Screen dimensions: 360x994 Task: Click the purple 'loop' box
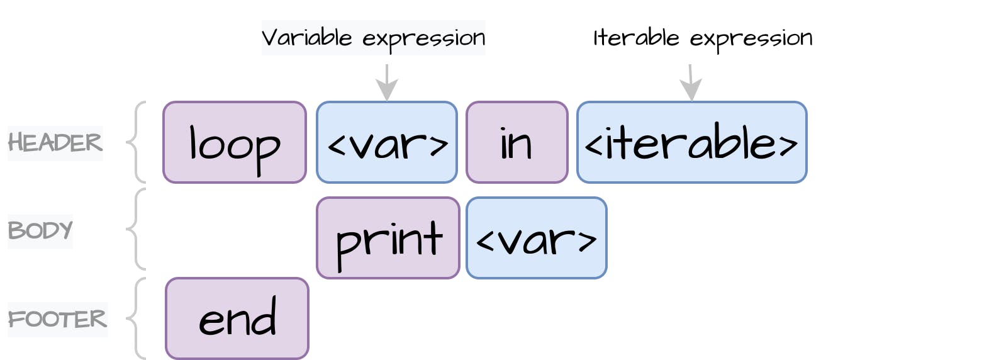point(235,143)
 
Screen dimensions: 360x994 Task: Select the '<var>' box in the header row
point(387,143)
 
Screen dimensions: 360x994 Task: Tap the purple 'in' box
point(517,143)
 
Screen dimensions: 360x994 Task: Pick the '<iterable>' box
point(691,143)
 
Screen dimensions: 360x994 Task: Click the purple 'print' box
point(388,238)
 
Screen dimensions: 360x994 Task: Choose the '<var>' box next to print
point(537,238)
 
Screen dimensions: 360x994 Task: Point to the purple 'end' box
point(237,318)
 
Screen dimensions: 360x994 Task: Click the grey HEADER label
point(55,143)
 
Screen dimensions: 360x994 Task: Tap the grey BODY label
point(40,231)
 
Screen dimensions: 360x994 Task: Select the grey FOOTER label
point(57,319)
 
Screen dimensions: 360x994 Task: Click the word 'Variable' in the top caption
point(306,38)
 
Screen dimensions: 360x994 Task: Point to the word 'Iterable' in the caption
point(636,38)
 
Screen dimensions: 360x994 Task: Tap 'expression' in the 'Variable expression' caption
point(423,39)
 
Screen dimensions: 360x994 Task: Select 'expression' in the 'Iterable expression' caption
point(751,39)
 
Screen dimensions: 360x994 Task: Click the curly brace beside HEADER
point(136,142)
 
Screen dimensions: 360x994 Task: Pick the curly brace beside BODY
point(136,229)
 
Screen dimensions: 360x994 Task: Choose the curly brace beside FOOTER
point(136,318)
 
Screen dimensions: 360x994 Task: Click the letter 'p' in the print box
point(345,243)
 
